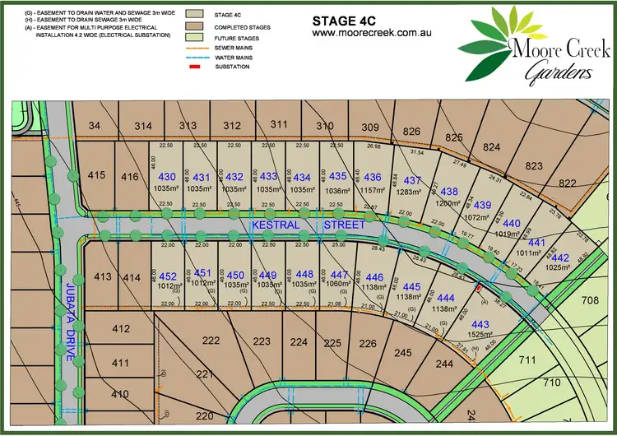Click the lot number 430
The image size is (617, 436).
(167, 177)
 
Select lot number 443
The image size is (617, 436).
(480, 324)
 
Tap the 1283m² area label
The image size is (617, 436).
(412, 192)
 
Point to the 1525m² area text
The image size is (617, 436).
(480, 336)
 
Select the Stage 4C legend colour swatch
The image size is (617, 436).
(196, 14)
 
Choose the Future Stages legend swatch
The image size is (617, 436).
(196, 37)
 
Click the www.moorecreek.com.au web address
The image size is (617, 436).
(373, 33)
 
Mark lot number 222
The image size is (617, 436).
(188, 341)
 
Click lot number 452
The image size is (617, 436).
(168, 276)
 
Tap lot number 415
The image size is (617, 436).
(96, 175)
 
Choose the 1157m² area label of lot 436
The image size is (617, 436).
(372, 189)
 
